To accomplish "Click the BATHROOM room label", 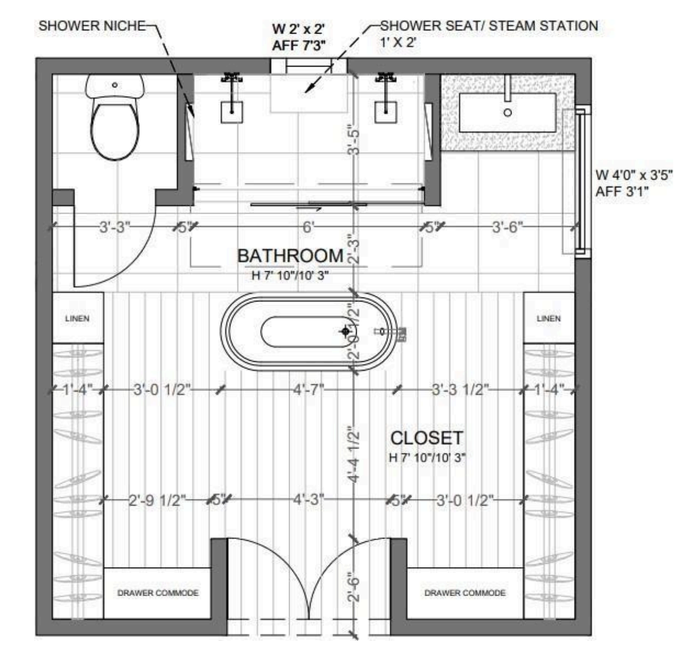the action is (x=290, y=256).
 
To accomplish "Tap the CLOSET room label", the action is (x=427, y=438).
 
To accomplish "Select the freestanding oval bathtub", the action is (x=309, y=332).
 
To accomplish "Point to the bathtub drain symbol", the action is (x=346, y=331).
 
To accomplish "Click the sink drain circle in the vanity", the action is (x=508, y=112).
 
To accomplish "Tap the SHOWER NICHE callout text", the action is (x=92, y=26).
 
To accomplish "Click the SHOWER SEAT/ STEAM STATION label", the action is (x=489, y=26).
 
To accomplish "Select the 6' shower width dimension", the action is (x=308, y=227).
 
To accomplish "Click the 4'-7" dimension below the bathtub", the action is (x=308, y=389).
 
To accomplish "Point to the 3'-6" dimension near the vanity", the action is (x=508, y=227).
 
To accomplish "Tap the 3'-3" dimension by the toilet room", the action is (x=115, y=227).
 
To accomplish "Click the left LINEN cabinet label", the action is (x=77, y=319).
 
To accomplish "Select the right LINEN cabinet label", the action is (x=548, y=319).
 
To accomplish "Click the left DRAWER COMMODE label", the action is (x=158, y=593).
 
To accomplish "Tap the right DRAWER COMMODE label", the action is (x=465, y=593).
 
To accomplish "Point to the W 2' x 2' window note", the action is (x=299, y=29).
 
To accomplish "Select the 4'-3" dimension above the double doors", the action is (x=308, y=500).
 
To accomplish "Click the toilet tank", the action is (x=115, y=86).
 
